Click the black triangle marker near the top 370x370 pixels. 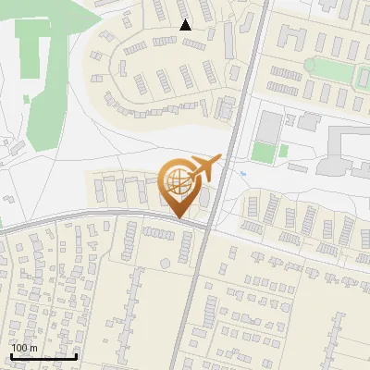186,25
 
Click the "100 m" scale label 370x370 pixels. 24,348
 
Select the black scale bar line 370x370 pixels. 43,356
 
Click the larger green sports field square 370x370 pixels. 264,152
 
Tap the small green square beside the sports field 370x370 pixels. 284,150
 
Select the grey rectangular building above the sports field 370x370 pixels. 267,125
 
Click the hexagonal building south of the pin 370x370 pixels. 165,263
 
